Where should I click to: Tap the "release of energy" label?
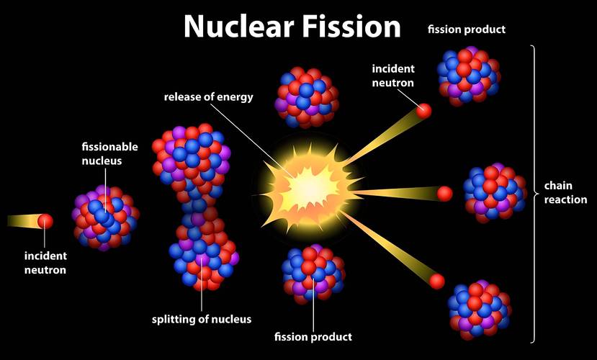point(209,96)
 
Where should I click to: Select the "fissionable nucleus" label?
point(102,154)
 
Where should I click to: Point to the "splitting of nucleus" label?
point(202,319)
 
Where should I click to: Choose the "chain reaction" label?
point(565,193)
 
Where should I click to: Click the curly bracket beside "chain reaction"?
point(534,193)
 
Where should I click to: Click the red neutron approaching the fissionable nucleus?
point(45,221)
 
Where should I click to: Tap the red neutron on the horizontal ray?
point(444,193)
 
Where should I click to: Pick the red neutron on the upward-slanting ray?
point(424,111)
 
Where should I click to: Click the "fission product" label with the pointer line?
point(313,336)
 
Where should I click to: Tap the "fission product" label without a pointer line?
point(467,30)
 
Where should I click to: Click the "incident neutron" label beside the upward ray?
point(392,76)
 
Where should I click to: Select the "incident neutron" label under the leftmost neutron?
point(45,263)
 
